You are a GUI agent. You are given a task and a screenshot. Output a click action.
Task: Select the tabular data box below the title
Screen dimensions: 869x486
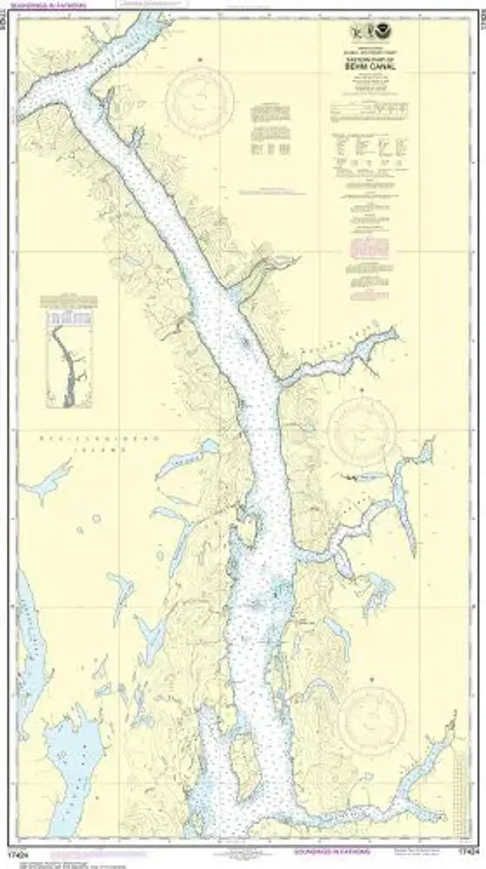(369, 109)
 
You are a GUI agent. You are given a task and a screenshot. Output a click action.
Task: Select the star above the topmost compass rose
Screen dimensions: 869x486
(199, 59)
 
